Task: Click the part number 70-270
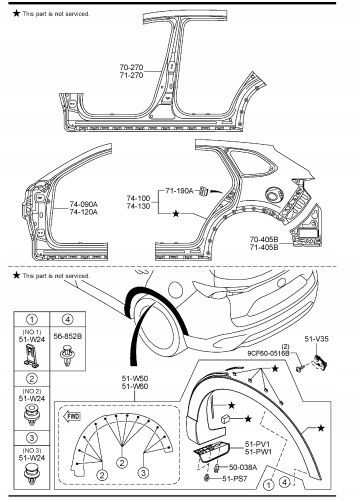click(x=131, y=67)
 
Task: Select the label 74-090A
click(x=84, y=204)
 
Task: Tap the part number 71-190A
click(x=179, y=191)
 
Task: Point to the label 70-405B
click(x=264, y=239)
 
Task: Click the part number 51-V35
click(x=316, y=339)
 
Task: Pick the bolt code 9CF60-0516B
click(x=268, y=353)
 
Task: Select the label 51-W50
click(x=135, y=378)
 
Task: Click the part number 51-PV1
click(x=258, y=444)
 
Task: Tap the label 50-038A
click(x=243, y=467)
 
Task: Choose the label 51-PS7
click(x=235, y=479)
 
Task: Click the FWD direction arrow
click(x=72, y=416)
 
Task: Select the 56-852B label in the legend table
click(x=68, y=336)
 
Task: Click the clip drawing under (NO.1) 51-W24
click(x=32, y=356)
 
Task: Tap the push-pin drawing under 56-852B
click(x=68, y=356)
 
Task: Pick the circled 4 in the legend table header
click(x=68, y=319)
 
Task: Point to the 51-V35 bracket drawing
click(x=319, y=362)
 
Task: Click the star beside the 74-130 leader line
click(x=176, y=213)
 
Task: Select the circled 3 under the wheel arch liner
click(x=143, y=472)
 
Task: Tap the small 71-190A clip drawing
click(x=203, y=192)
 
